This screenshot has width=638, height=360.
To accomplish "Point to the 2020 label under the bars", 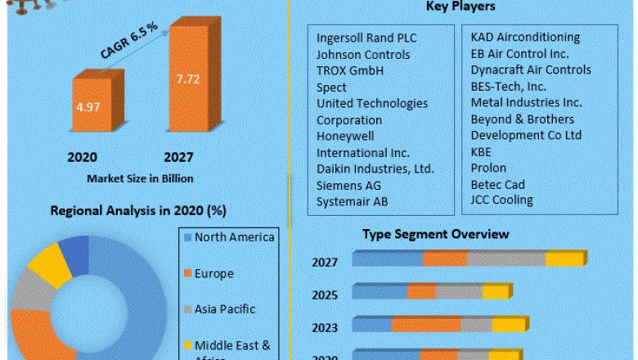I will [x=83, y=157].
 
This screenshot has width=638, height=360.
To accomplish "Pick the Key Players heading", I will [x=461, y=7].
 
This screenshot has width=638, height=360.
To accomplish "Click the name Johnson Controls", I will [x=365, y=54].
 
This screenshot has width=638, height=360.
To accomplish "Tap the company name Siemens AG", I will [x=348, y=186].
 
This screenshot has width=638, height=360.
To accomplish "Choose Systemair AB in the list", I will [x=353, y=201].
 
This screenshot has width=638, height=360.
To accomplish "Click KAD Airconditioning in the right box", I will [x=525, y=37].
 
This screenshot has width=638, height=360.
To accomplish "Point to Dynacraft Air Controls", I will [x=531, y=70].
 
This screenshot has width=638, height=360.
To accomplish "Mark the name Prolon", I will [x=489, y=168].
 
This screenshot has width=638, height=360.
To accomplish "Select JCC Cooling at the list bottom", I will [x=501, y=200].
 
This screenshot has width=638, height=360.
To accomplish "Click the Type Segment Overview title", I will [x=435, y=234].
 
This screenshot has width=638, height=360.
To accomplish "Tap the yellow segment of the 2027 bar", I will [x=565, y=259].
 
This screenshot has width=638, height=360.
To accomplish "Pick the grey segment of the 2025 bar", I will [x=459, y=291].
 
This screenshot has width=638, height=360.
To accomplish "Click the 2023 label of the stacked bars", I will [x=325, y=327].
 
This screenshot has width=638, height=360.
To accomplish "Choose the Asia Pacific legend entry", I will [x=224, y=309].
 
